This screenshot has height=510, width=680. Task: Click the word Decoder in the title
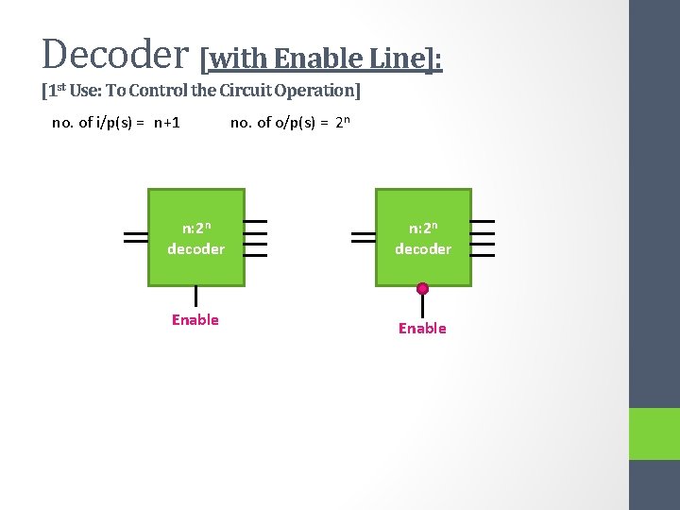116,54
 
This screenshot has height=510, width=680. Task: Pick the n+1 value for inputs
167,122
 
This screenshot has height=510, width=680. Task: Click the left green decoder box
195,238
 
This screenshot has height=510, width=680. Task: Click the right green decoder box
422,238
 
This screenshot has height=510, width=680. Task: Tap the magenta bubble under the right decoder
422,289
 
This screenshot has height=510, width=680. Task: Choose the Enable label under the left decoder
195,320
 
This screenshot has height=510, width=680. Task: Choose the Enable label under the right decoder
422,329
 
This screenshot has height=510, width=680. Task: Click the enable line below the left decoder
195,297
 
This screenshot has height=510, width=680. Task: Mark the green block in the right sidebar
654,433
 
